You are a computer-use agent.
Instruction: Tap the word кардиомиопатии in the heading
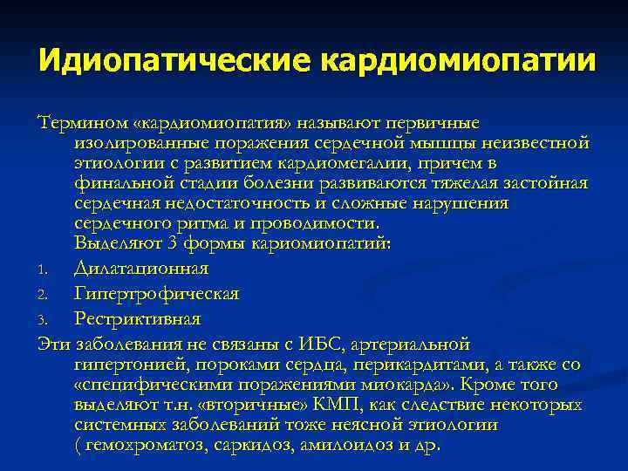coord(459,61)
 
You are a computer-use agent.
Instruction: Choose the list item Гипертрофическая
coord(156,294)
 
